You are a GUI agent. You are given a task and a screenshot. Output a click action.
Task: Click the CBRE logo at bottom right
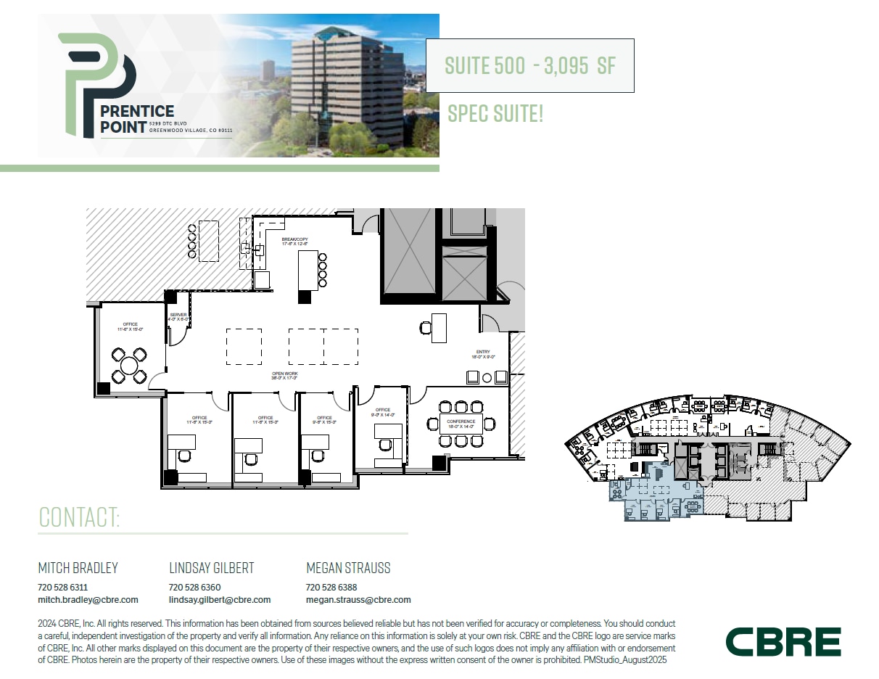pos(783,642)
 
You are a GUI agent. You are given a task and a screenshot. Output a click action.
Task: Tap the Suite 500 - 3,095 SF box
pos(529,66)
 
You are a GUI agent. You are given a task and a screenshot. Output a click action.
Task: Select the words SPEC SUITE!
pos(495,113)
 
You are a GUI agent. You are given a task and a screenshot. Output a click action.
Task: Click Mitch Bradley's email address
pos(88,600)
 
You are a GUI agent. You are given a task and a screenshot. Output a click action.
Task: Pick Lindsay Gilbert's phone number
pos(194,587)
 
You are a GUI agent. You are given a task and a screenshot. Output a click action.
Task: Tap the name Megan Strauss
pos(348,568)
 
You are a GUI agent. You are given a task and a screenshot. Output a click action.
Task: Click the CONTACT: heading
pos(79,517)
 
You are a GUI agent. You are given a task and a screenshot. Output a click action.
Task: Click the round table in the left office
pos(129,365)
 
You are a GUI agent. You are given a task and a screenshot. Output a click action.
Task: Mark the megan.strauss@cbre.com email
pos(358,600)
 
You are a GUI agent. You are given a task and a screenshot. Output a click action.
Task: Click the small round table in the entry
pos(487,377)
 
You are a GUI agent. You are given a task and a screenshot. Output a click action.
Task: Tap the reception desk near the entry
pos(439,327)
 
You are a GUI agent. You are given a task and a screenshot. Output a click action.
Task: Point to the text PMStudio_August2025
pos(624,660)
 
